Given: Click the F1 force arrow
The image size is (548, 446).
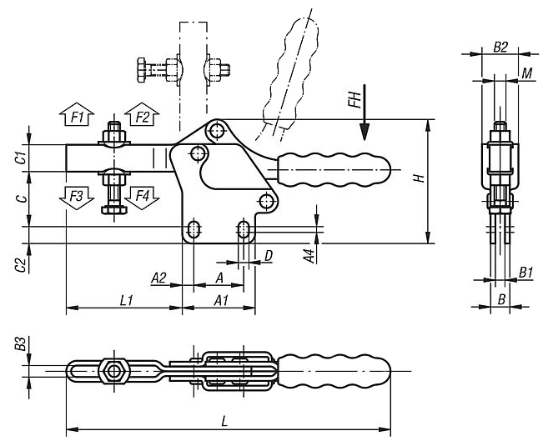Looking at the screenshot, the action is [77, 114].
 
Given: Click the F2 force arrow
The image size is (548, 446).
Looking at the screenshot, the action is [142, 114].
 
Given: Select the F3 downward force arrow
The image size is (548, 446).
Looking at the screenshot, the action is [77, 198].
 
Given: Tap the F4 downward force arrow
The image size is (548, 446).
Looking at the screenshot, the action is [142, 198].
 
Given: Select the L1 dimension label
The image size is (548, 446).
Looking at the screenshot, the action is [126, 300].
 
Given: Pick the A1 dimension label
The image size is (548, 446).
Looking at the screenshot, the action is [221, 300].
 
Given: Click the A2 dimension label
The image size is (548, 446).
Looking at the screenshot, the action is [158, 278].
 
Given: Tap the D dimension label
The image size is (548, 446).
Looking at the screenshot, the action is [269, 256].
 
